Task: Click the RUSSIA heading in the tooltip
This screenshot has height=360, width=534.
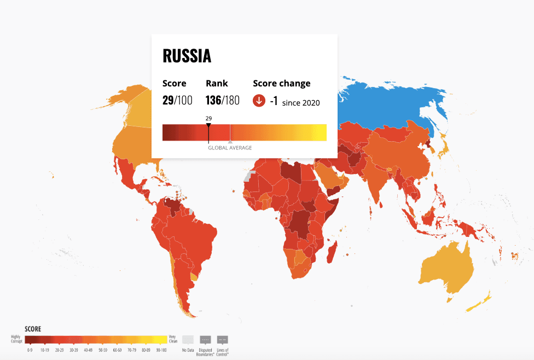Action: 187,56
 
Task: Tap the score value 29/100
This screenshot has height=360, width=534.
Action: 177,101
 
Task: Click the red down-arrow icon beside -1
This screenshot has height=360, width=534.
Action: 259,101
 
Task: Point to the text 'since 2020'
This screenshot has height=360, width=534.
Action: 301,103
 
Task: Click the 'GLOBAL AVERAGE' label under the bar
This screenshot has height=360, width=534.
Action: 230,148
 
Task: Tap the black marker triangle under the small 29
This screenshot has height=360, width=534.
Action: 208,125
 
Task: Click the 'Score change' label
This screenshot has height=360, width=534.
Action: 281,84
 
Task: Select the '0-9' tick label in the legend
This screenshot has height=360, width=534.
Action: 30,350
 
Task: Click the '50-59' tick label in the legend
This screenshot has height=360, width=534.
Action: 102,350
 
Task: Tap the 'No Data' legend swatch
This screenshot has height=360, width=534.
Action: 188,339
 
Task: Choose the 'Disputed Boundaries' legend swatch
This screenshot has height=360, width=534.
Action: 206,339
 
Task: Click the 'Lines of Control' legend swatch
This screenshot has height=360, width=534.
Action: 223,339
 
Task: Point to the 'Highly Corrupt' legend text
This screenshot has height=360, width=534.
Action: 17,339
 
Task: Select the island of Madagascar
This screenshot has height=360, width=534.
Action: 331,252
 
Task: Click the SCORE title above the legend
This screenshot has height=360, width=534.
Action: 33,329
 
